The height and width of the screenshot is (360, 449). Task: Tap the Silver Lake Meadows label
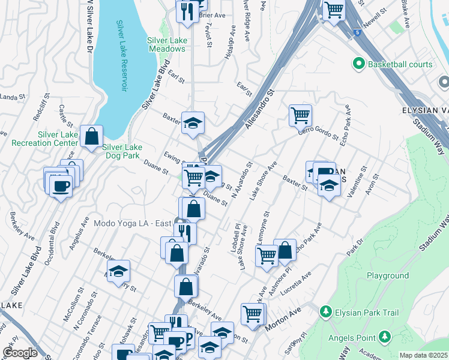[166, 44]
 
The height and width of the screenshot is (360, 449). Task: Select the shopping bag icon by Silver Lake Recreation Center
[91, 137]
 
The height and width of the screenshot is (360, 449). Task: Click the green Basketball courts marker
[359, 63]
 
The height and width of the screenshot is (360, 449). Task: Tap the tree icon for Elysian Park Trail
[325, 312]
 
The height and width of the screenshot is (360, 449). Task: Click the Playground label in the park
[388, 275]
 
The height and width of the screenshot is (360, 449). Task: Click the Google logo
[20, 353]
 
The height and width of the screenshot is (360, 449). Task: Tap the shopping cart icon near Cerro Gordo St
[300, 114]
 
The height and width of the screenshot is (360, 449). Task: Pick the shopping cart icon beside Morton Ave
[253, 313]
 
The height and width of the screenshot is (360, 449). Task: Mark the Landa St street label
[11, 97]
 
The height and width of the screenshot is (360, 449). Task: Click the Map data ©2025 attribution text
[423, 355]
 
